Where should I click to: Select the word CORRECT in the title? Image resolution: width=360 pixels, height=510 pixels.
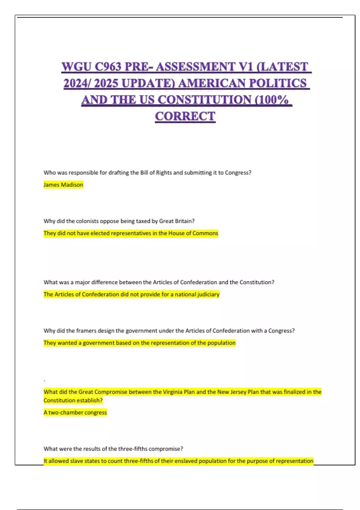pyautogui.click(x=185, y=116)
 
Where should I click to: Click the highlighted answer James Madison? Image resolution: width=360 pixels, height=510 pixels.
pyautogui.click(x=63, y=185)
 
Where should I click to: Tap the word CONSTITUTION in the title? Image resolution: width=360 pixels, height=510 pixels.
pyautogui.click(x=205, y=100)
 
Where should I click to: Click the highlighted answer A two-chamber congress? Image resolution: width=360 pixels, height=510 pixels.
pyautogui.click(x=75, y=412)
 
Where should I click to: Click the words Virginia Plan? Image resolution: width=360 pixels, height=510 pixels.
pyautogui.click(x=179, y=392)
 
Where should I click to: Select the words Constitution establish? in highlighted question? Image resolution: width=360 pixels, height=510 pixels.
pyautogui.click(x=73, y=400)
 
